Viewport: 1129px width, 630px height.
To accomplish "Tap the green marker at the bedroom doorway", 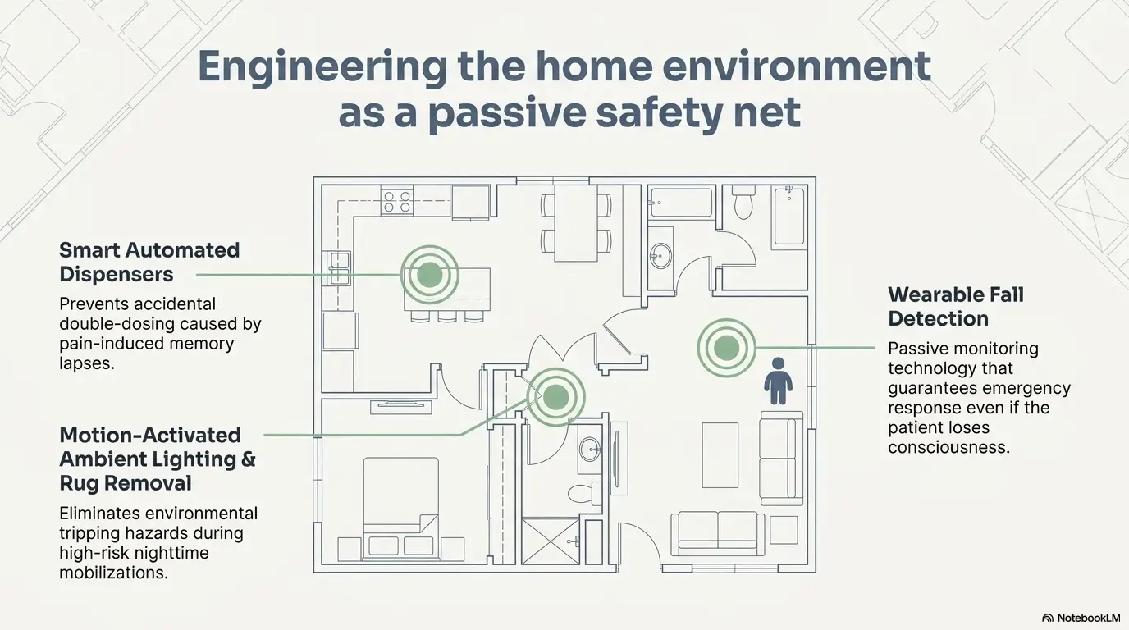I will (555, 397).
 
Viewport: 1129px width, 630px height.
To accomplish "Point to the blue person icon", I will (778, 381).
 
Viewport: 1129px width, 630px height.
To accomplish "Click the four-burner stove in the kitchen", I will (396, 201).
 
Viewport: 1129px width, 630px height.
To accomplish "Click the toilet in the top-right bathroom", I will (743, 202).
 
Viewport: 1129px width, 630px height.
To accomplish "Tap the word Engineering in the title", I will (322, 66).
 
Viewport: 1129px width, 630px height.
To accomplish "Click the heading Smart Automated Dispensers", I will (149, 261).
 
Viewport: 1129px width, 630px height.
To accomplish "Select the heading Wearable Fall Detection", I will (956, 306).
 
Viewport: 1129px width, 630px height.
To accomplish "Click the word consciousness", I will (948, 447).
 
